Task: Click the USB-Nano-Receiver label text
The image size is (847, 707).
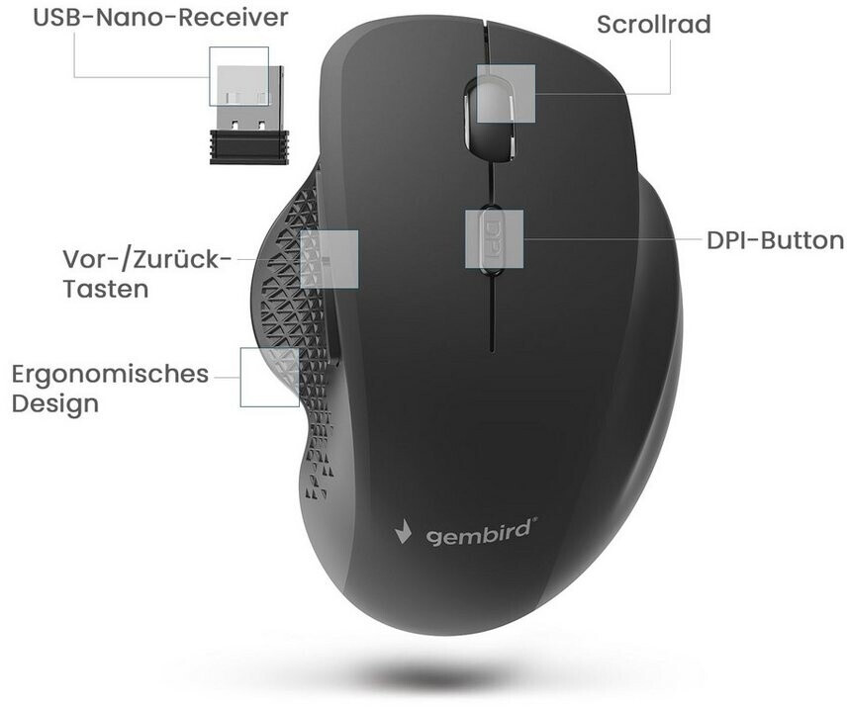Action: (x=145, y=18)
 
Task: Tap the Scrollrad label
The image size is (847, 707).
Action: (x=653, y=24)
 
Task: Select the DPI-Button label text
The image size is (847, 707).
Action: (x=775, y=240)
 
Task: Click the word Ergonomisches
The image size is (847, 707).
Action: (x=110, y=375)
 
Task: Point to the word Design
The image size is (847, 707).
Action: (x=55, y=403)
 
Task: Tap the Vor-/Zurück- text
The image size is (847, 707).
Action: (x=146, y=259)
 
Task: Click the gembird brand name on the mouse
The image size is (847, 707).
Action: (x=482, y=534)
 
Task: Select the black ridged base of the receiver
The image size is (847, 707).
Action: (x=248, y=147)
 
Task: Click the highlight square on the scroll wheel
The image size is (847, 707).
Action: (x=506, y=94)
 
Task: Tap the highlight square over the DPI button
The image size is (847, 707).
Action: (x=494, y=237)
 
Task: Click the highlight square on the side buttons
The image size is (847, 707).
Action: (x=329, y=259)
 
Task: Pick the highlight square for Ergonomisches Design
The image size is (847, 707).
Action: (x=270, y=377)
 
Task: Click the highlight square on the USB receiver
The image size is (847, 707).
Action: (x=238, y=76)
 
